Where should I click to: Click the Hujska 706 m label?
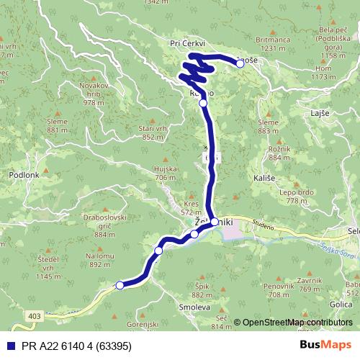165,172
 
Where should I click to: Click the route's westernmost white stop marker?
120,285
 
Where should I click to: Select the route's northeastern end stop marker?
240,63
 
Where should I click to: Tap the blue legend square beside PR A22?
7,345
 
